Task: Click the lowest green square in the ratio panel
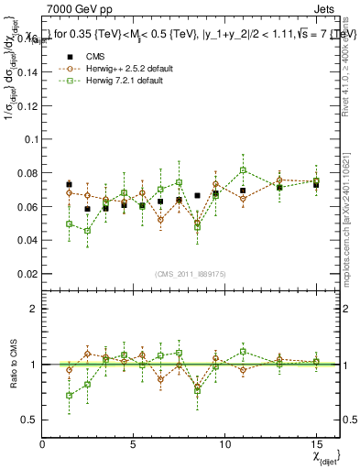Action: coord(70,396)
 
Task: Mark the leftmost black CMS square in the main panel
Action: coord(70,185)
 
